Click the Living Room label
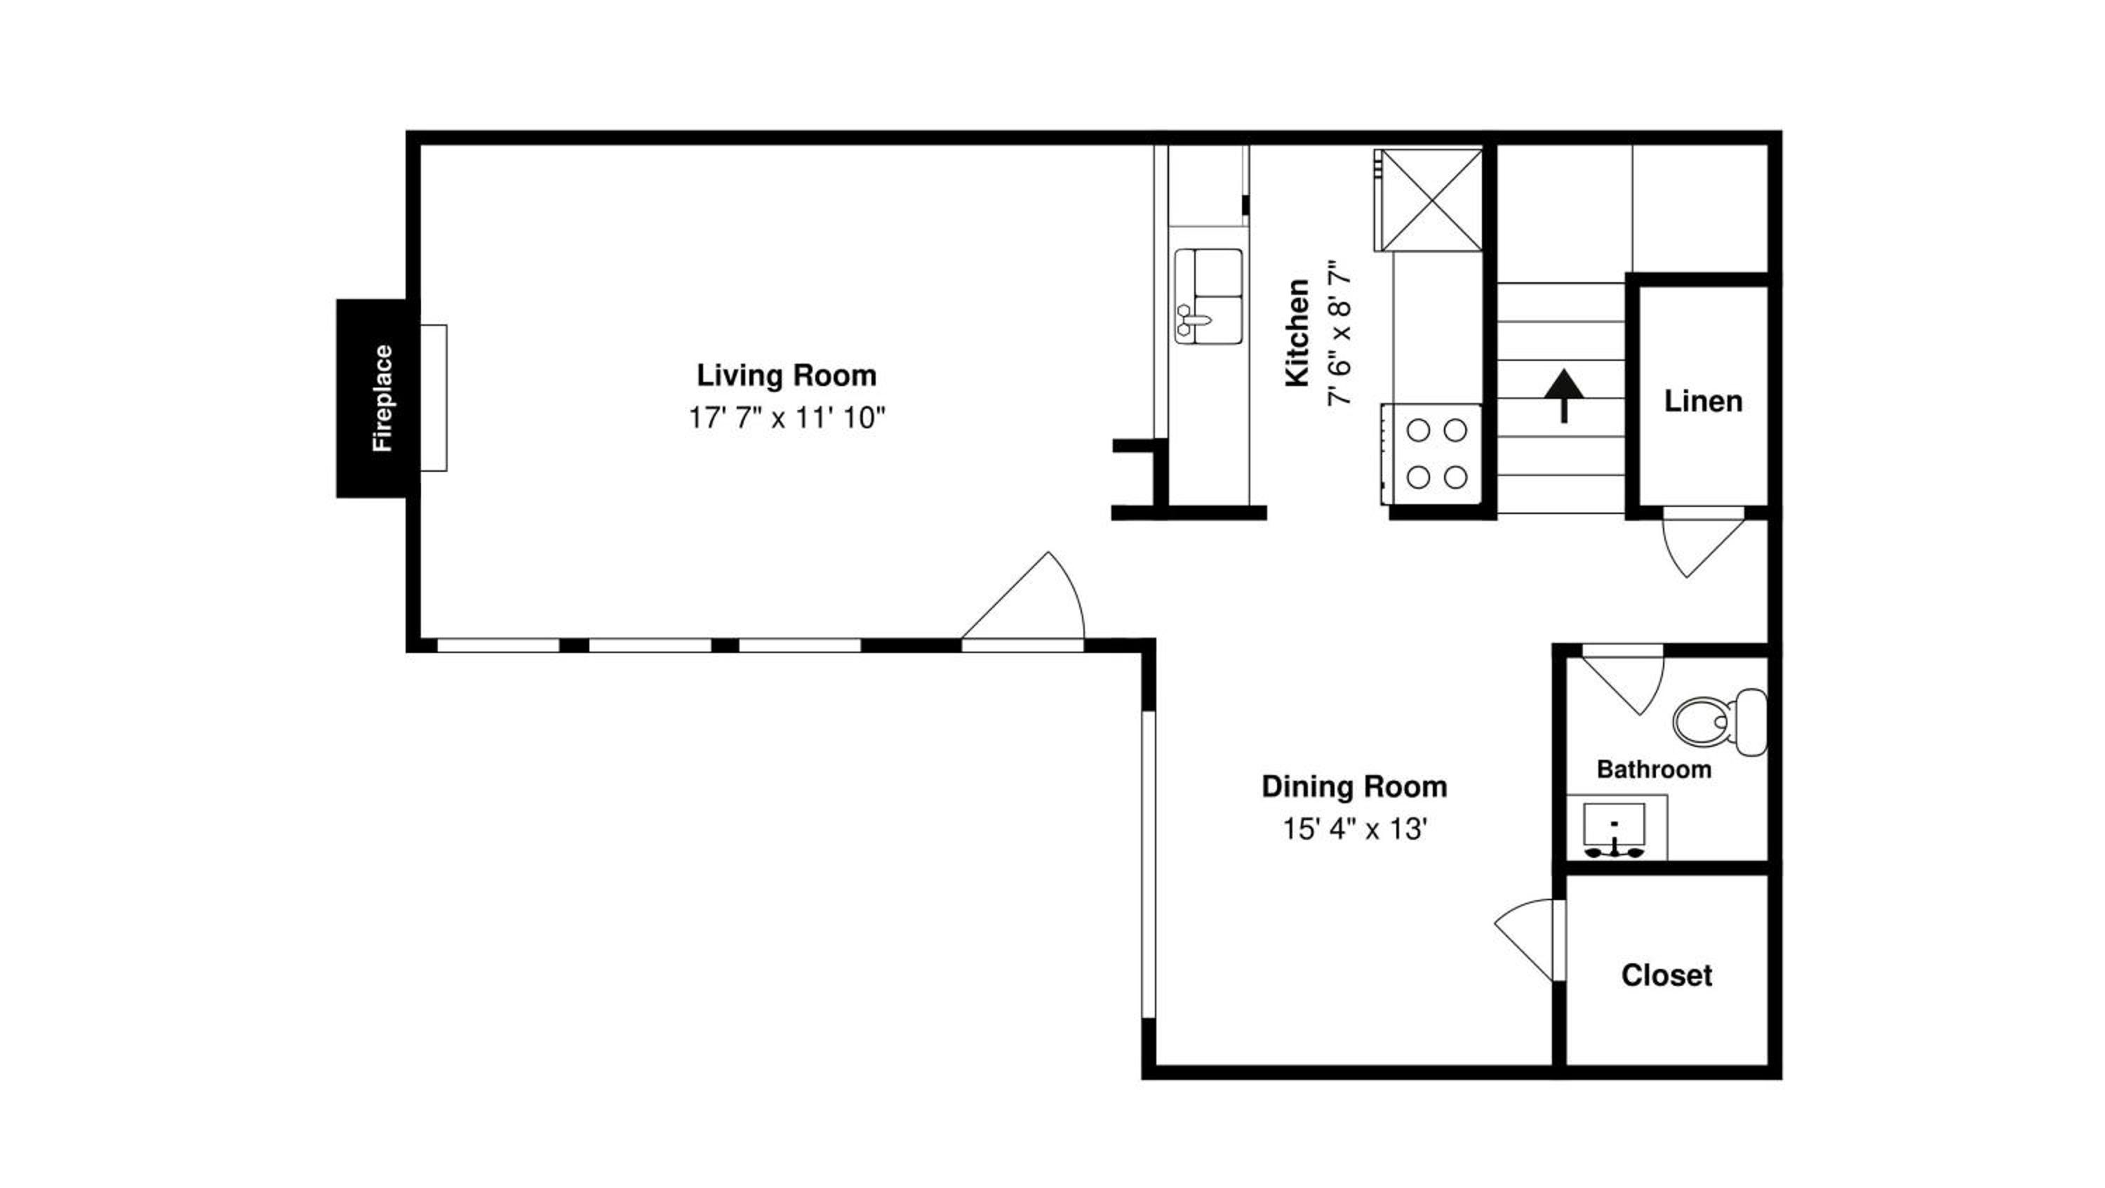tap(786, 375)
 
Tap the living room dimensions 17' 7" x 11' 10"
tap(787, 418)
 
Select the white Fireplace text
tap(382, 398)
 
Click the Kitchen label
tap(1297, 332)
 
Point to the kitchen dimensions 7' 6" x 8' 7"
tap(1339, 333)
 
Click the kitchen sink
tap(1208, 296)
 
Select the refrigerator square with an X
tap(1429, 199)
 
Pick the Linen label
tap(1704, 402)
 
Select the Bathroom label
tap(1654, 770)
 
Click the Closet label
tap(1667, 975)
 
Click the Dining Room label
tap(1355, 786)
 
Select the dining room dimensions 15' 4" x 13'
tap(1355, 830)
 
